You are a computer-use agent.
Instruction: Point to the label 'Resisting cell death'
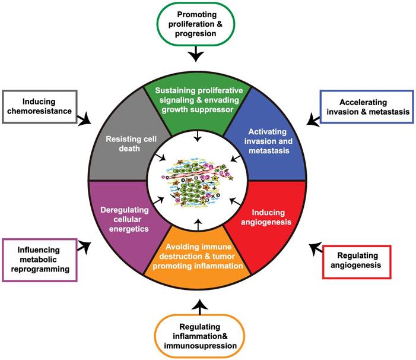point(123,144)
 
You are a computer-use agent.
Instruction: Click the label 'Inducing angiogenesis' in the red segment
point(269,217)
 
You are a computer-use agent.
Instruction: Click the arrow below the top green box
point(196,56)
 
